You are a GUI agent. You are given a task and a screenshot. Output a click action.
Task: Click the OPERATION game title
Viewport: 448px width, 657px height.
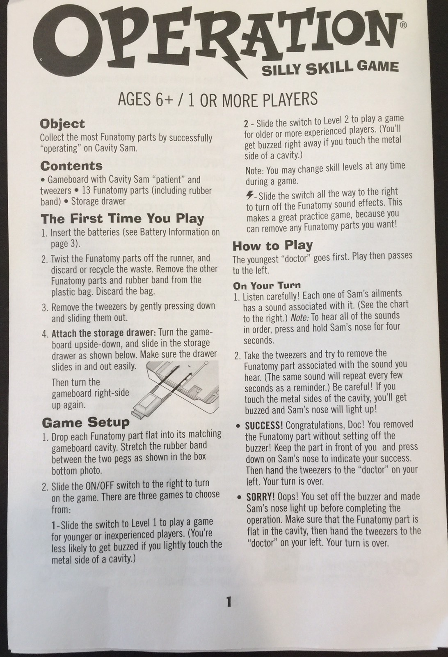coord(213,41)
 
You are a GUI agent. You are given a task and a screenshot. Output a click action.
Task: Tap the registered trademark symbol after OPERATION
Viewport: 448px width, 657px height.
coord(403,25)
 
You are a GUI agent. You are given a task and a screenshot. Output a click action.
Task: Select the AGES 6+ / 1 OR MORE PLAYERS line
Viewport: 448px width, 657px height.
coord(217,100)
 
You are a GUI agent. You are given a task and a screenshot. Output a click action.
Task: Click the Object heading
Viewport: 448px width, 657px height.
coord(62,124)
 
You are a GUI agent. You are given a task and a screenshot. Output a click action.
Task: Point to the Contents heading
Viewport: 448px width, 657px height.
coord(71,166)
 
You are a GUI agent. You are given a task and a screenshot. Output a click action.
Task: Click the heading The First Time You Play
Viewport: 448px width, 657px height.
coord(122,218)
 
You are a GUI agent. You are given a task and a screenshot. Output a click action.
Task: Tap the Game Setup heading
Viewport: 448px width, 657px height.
coord(85,422)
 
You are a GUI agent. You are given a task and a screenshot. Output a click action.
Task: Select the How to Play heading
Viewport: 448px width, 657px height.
coord(272,246)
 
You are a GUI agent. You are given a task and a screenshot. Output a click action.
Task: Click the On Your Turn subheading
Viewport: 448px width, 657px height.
coord(267,285)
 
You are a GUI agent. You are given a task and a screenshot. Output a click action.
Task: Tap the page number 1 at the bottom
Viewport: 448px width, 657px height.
coord(229,602)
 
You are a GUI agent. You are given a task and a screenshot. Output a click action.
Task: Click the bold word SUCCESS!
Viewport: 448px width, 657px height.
coord(264,425)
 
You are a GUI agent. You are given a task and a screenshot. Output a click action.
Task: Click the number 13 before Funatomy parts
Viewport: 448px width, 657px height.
coord(86,191)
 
